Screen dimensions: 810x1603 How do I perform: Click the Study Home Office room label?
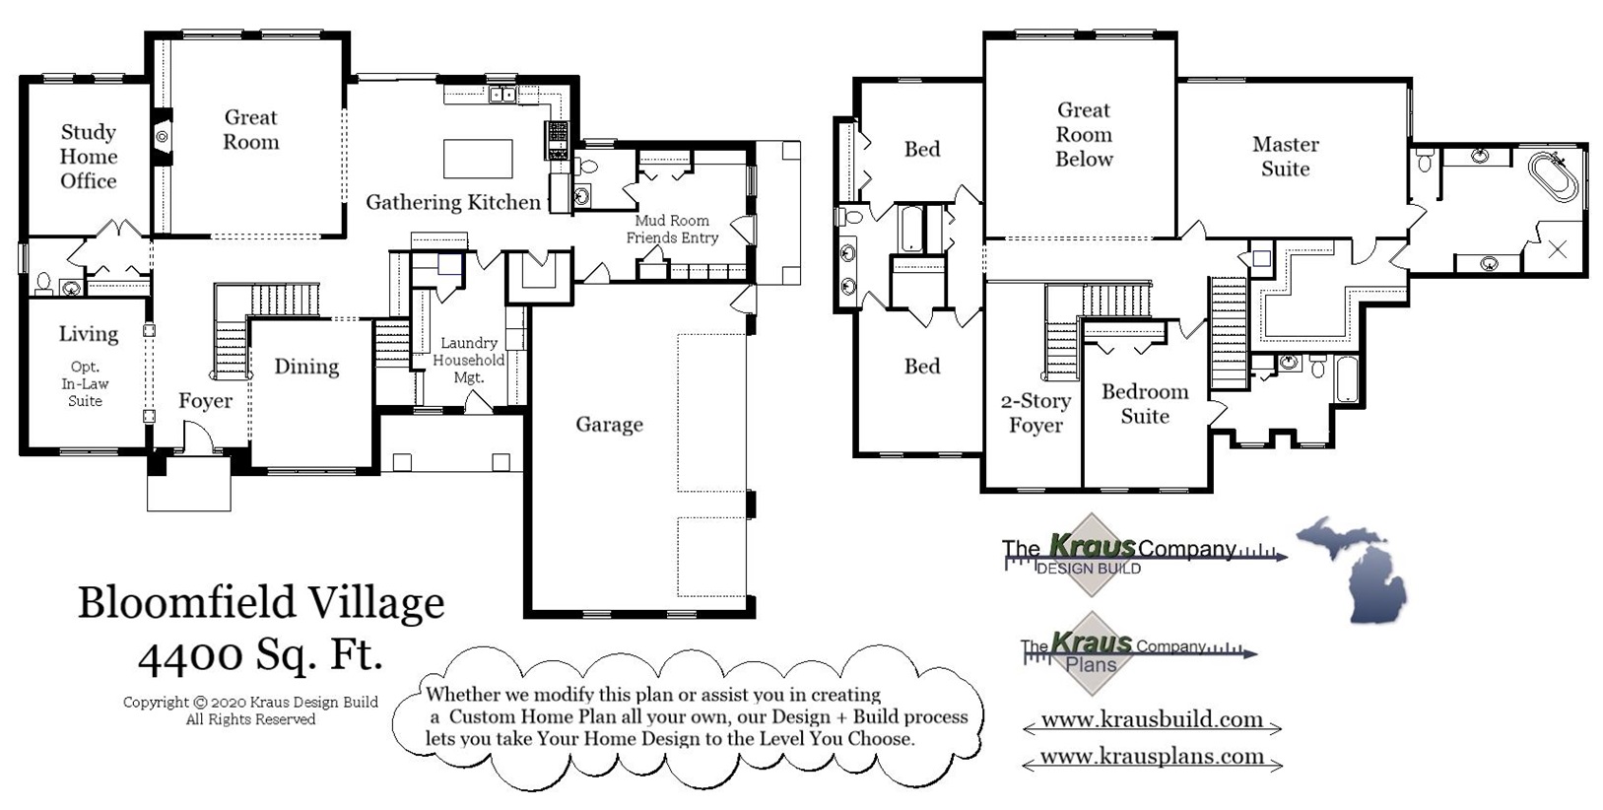point(89,157)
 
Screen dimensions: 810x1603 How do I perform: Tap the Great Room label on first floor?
point(251,129)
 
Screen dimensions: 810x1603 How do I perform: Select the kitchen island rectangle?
point(478,158)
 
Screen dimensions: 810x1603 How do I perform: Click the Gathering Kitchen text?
point(453,202)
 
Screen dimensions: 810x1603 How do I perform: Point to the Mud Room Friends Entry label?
point(672,230)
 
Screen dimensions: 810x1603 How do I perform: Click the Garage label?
point(609,425)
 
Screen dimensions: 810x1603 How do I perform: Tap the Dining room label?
point(306,367)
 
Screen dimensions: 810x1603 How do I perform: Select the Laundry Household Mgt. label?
point(469,360)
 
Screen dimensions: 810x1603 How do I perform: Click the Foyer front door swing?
point(196,436)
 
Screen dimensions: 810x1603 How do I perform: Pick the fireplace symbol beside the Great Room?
point(162,138)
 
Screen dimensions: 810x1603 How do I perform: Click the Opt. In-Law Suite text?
point(86,383)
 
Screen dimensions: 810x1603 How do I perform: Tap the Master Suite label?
point(1286,157)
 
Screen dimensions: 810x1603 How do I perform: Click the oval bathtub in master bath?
point(1553,176)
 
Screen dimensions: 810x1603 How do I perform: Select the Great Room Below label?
point(1084,135)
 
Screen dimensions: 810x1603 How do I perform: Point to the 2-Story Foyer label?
point(1035,413)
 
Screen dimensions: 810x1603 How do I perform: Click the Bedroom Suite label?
point(1145,404)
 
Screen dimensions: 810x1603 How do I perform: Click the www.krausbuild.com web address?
point(1151,719)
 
